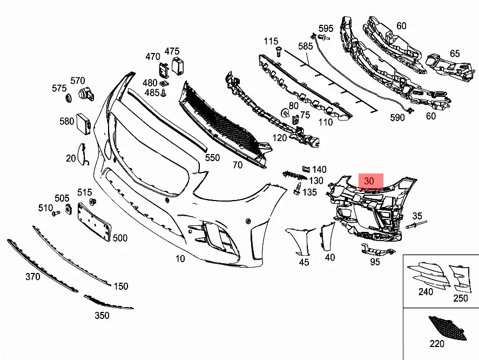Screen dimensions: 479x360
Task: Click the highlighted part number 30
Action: (x=369, y=181)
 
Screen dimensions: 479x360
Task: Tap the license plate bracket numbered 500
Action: (x=94, y=222)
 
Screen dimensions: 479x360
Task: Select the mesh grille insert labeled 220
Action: (x=448, y=328)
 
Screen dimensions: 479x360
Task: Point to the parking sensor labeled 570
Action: (x=86, y=94)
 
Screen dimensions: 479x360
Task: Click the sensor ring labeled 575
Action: (x=68, y=98)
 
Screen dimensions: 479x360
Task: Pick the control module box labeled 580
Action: (x=84, y=123)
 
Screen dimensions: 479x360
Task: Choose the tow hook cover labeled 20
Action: (x=82, y=154)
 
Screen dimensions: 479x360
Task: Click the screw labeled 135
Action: (x=297, y=189)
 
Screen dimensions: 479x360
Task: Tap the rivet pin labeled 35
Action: (x=416, y=224)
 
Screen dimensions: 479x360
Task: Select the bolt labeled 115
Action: (x=279, y=51)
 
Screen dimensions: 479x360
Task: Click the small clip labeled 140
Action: (x=306, y=169)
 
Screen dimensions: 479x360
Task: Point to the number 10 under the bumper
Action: (x=180, y=258)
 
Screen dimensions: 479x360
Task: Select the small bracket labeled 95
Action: (x=377, y=249)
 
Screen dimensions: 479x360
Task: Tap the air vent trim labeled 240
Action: (x=428, y=275)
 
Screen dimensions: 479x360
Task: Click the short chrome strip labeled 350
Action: (x=108, y=303)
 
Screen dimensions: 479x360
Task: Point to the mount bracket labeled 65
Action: (x=450, y=68)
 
